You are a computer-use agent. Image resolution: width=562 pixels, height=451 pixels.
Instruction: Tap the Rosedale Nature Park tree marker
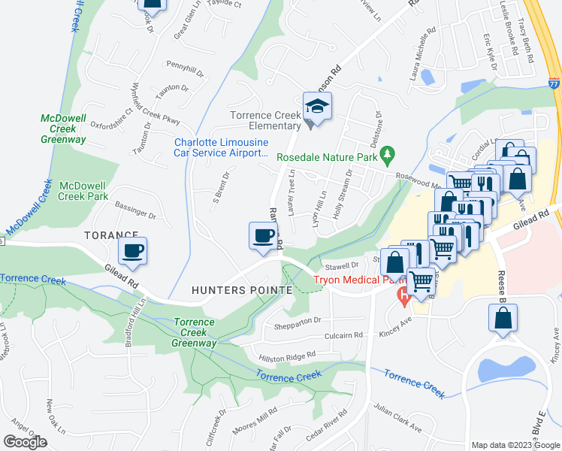(388, 156)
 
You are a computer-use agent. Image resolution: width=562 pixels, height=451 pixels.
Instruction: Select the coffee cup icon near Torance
(132, 251)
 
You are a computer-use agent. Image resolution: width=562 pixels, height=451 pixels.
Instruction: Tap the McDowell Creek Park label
(84, 191)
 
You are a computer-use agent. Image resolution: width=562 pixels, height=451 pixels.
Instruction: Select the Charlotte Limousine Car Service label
(221, 147)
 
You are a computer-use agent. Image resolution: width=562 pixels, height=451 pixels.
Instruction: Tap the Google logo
(25, 442)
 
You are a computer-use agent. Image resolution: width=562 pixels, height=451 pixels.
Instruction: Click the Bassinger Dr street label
(135, 209)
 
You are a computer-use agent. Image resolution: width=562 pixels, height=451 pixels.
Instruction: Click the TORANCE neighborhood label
(111, 235)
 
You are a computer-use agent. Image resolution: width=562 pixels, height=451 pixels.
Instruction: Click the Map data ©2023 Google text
(515, 445)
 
